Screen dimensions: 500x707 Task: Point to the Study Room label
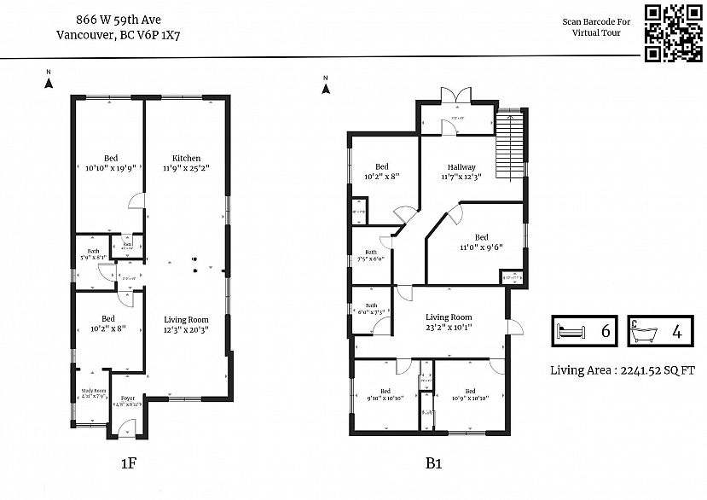(x=94, y=393)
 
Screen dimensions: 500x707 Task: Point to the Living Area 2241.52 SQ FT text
(x=623, y=369)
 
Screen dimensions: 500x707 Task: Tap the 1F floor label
(x=128, y=464)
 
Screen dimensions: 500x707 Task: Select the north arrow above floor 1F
(x=49, y=81)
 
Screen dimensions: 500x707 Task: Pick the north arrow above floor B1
(x=325, y=84)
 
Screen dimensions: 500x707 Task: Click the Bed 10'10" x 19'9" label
(x=111, y=163)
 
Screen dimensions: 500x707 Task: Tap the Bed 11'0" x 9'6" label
(x=482, y=242)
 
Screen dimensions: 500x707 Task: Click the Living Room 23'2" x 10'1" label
(x=449, y=321)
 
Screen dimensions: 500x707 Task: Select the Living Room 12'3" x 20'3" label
(x=186, y=324)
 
